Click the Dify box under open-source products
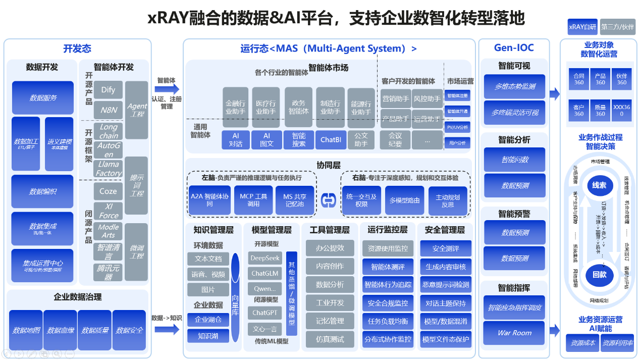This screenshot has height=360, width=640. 108,90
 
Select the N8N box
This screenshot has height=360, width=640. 108,110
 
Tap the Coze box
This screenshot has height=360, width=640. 108,191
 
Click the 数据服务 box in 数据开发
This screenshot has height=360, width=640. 43,97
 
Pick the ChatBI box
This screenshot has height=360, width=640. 331,140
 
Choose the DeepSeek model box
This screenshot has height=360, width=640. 265,258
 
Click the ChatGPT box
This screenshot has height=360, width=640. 265,313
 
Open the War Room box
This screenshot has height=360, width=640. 514,333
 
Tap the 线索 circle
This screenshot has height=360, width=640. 599,185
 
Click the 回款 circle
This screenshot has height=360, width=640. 599,275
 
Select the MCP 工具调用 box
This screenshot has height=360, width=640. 253,200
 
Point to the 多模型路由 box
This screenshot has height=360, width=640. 404,200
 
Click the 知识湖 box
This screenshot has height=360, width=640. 208,336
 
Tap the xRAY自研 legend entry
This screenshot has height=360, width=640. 582,27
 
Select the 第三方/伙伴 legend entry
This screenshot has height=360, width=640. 617,27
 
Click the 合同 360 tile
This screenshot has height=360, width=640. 578,79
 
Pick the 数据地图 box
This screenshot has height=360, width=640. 26,330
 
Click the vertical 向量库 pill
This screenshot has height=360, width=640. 235,297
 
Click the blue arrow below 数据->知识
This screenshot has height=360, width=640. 167,329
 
